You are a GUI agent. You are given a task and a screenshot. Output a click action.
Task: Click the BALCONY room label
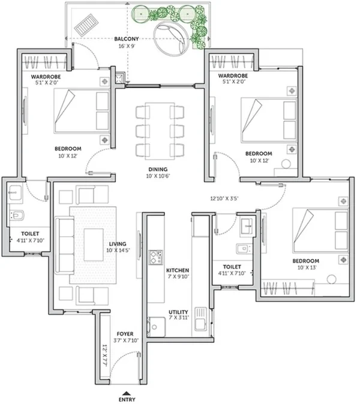point(127,39)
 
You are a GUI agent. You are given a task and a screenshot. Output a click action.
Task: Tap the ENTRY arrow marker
point(126,393)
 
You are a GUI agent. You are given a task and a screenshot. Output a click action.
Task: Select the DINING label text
point(158,169)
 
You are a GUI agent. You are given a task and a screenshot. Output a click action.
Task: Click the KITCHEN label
point(178,270)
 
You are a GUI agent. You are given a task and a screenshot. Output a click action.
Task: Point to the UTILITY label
point(178,312)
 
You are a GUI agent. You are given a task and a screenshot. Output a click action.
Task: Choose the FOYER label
point(125,334)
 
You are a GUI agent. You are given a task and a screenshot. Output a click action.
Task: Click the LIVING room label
point(118,244)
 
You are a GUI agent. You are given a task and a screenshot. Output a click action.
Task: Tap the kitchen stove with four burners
point(156,257)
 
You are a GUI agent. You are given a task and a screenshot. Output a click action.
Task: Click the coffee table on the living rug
point(94,245)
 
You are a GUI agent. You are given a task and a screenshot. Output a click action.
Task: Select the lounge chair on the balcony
point(86,25)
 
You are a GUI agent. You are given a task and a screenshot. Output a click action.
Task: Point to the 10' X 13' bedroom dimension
point(307,267)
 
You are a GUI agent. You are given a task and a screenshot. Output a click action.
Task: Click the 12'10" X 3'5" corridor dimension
point(224,198)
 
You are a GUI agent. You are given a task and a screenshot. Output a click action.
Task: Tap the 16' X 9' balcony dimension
point(127,46)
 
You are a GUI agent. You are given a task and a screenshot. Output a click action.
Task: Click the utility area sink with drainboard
point(200,319)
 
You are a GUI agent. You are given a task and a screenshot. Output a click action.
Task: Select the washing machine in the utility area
point(157,327)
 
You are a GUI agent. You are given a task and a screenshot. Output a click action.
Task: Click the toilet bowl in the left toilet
point(17,215)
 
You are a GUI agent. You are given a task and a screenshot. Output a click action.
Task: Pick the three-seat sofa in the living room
point(65,245)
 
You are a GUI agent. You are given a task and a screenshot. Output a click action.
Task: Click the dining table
point(160,131)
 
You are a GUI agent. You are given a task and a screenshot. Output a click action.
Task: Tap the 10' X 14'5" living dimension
point(118,251)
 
